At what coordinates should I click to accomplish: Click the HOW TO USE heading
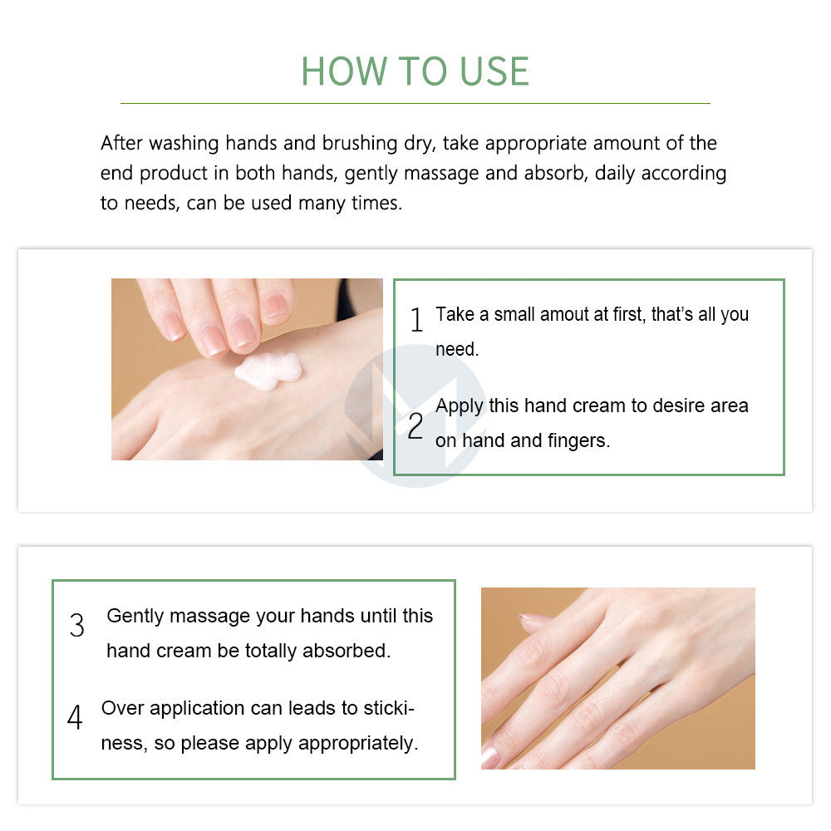pos(415,71)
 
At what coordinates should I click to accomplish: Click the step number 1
pos(416,320)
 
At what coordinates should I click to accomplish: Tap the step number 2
pos(415,426)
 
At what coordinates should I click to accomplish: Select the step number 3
pos(77,626)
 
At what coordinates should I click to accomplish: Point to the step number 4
pos(75,717)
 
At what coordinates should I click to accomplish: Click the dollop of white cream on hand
pos(267,369)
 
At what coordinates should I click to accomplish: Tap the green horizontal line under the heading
pos(415,103)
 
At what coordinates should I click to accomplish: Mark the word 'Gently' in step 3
pos(135,617)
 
